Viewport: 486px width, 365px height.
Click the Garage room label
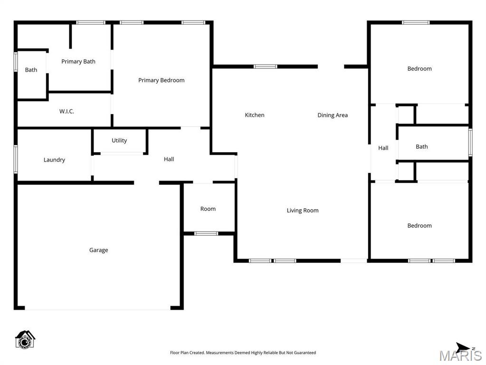[98, 250]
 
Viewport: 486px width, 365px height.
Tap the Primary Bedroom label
[161, 80]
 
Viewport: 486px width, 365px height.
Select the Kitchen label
[255, 115]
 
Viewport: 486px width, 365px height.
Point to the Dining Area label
[333, 115]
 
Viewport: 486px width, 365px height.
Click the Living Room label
[303, 211]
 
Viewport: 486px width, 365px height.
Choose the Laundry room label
[54, 160]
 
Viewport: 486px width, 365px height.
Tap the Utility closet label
[119, 140]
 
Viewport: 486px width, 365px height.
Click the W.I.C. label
[67, 111]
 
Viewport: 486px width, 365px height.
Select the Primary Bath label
[78, 61]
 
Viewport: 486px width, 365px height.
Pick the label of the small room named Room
[208, 209]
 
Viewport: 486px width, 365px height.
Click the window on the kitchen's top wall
[265, 67]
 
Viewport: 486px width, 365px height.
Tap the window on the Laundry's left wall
[16, 159]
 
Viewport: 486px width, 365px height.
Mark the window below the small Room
[206, 233]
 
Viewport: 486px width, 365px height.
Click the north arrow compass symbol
[463, 347]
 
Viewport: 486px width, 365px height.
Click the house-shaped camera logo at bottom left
[25, 339]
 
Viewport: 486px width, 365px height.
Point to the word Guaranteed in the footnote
[304, 353]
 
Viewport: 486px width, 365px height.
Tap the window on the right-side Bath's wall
[470, 143]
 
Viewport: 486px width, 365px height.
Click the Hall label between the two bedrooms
[383, 148]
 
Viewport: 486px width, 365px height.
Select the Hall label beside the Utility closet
[169, 159]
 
